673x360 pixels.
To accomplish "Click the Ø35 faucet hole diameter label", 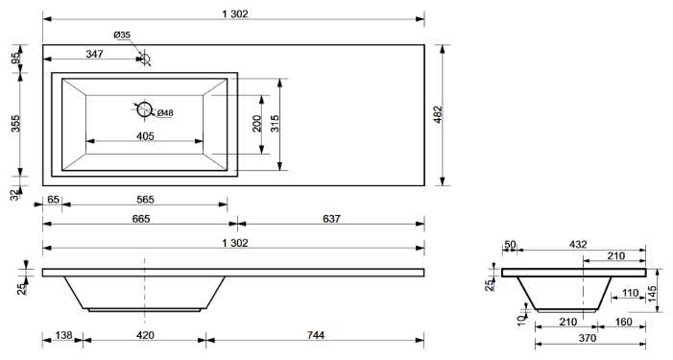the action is (122, 36).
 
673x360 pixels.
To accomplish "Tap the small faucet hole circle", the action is (145, 59).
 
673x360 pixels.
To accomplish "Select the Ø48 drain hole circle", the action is (145, 109).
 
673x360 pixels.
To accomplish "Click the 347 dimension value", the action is (94, 54).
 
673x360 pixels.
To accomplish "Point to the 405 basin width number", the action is (145, 136).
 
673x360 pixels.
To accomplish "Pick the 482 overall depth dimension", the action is (438, 114).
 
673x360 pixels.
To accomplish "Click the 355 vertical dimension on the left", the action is (15, 124).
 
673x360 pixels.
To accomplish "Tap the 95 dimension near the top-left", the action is (15, 58).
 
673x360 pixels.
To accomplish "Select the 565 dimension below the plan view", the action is (145, 200).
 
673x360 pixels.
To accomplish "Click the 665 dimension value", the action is (141, 219).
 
